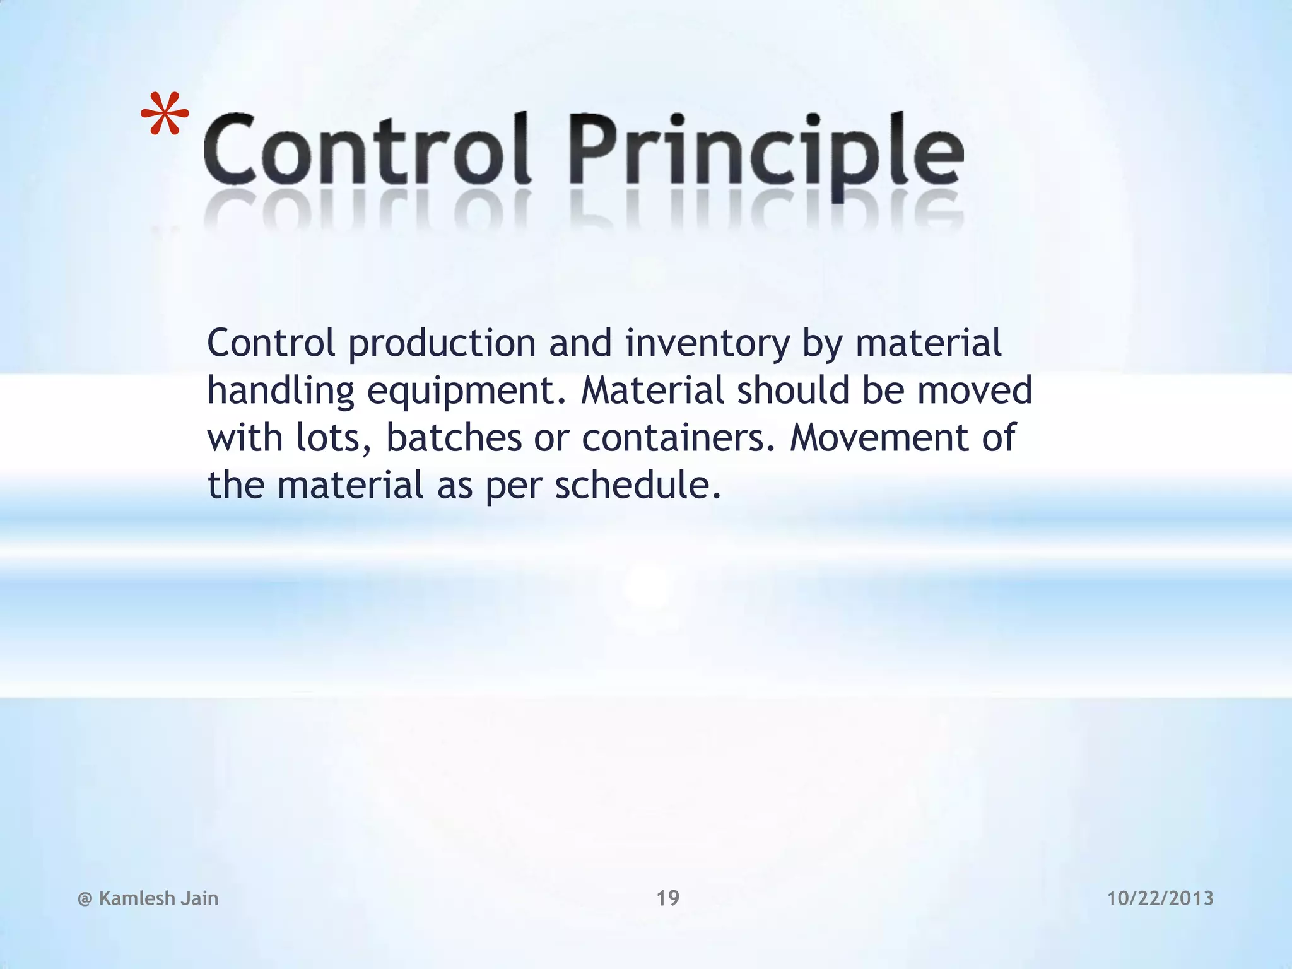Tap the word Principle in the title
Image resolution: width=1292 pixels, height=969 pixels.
coord(766,151)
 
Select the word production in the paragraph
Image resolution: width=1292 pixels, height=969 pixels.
coord(442,344)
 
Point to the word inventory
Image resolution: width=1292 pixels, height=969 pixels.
coord(707,344)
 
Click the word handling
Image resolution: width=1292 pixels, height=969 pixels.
coord(281,391)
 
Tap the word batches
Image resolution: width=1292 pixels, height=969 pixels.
coord(454,438)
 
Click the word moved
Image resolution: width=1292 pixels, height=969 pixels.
coord(974,391)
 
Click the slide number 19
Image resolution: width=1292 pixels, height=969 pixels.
coord(667,898)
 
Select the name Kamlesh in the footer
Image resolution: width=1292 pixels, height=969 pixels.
coord(137,898)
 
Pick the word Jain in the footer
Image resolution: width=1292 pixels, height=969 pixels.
coord(199,898)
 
